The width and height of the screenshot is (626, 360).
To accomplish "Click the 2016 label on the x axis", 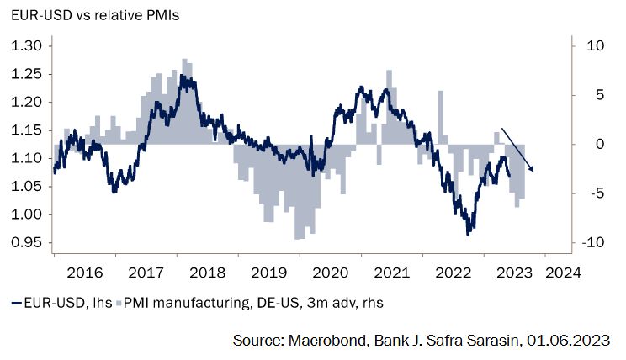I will click(x=85, y=273).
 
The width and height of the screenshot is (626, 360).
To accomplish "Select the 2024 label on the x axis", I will click(x=561, y=273).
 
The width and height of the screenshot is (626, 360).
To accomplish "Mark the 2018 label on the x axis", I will click(x=207, y=273).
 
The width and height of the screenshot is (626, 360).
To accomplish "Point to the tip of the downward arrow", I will click(x=533, y=172).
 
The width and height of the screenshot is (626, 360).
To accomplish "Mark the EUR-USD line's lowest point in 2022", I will click(x=468, y=234).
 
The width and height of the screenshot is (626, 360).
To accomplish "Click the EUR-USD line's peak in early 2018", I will click(x=183, y=77).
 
